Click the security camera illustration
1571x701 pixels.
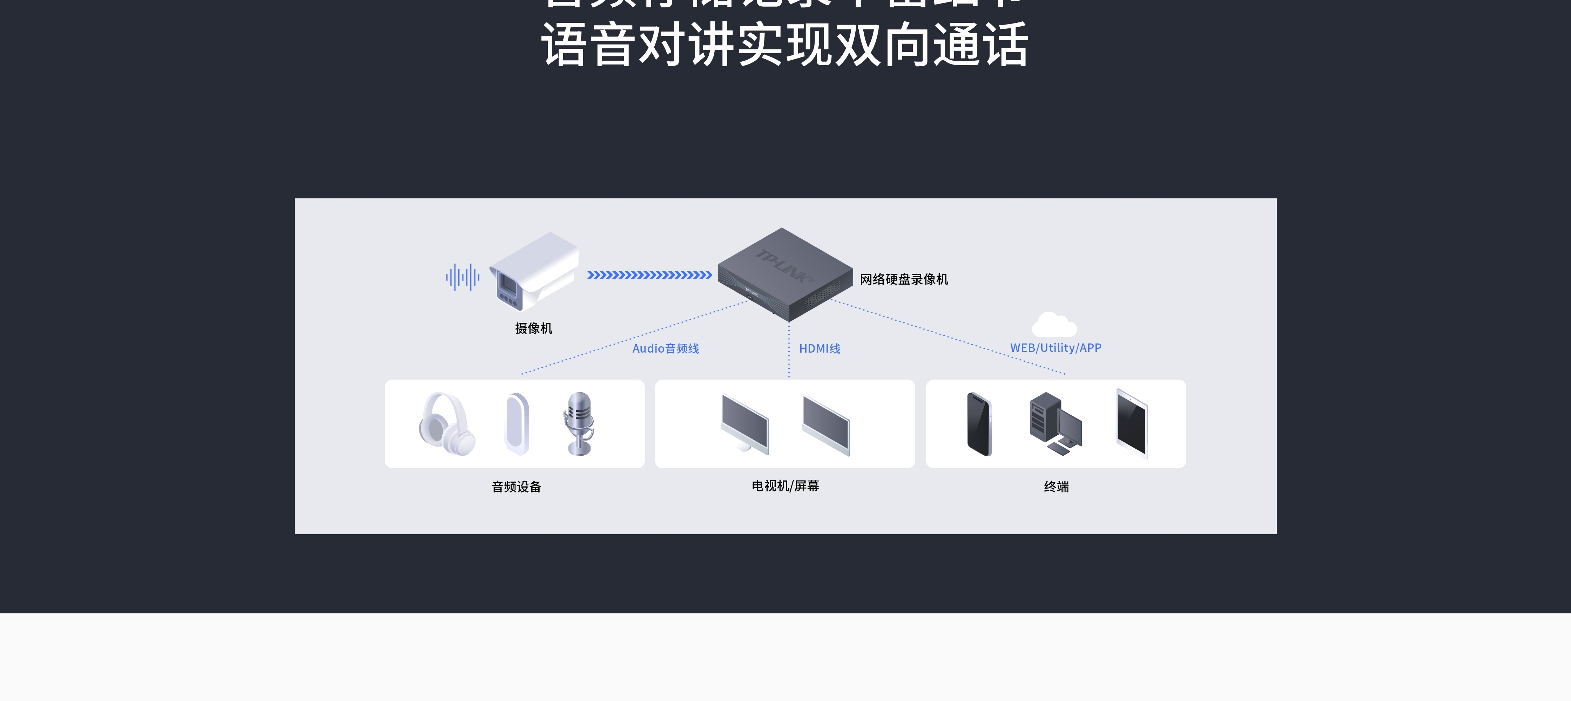(x=534, y=272)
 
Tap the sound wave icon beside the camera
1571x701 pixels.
(x=462, y=277)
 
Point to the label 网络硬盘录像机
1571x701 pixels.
(x=903, y=279)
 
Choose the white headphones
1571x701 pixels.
(x=446, y=424)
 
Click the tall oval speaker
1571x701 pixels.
(x=517, y=424)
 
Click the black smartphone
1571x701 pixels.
(x=979, y=424)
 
